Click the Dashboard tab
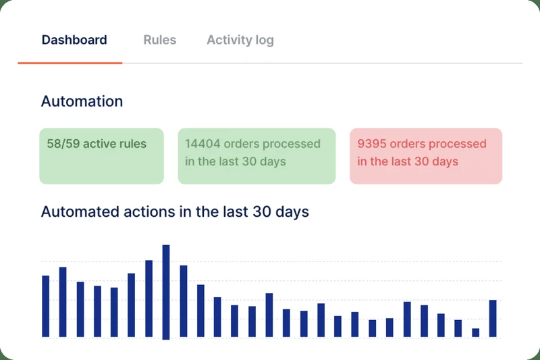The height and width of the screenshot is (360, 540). (74, 40)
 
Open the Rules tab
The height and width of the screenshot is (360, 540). (160, 40)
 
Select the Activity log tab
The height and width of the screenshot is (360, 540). (240, 40)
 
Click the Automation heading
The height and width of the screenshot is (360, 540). (82, 102)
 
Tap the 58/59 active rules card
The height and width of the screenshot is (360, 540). (101, 156)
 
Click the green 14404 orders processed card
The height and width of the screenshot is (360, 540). (256, 156)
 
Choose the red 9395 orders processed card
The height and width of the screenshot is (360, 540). (426, 156)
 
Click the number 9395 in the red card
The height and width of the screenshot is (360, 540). (372, 144)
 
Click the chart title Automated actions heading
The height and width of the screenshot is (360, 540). (175, 211)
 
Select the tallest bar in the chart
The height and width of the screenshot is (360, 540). (166, 290)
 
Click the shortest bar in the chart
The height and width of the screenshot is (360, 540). (476, 332)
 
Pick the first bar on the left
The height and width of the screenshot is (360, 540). (46, 306)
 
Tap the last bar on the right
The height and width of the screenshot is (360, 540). (493, 318)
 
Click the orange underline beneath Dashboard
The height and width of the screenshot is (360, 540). (70, 63)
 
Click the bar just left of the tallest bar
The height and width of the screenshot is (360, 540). (149, 298)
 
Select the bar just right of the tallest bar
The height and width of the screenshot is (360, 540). (184, 301)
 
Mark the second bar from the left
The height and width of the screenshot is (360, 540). (63, 302)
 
